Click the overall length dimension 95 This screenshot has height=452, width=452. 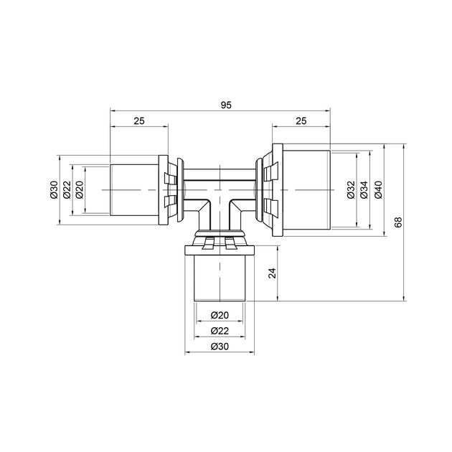(226, 105)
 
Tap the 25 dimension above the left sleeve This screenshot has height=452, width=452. (139, 121)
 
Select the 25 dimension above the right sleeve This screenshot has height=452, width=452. (301, 121)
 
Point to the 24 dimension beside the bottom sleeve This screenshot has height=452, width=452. (272, 273)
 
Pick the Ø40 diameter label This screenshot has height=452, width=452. (378, 189)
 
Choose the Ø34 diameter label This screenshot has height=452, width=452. (364, 189)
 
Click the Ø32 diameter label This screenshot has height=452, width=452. (351, 189)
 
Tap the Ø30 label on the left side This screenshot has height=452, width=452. (55, 189)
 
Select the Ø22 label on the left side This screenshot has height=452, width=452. (67, 189)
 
